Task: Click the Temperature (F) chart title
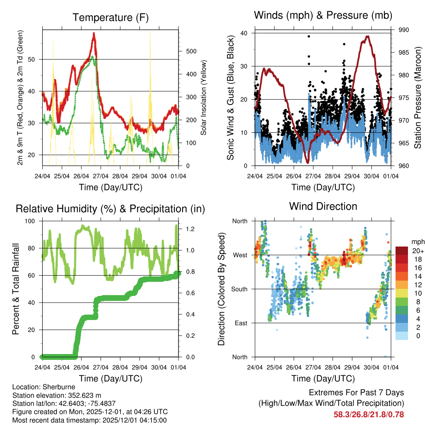(x=110, y=18)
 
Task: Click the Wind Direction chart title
(x=323, y=206)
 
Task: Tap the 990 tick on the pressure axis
(x=403, y=30)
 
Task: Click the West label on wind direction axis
(x=239, y=255)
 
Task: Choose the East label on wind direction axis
(x=240, y=323)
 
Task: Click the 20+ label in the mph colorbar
(x=417, y=251)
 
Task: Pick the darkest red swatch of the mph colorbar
(x=401, y=251)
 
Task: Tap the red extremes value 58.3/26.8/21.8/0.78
(x=369, y=414)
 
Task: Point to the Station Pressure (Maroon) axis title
(x=418, y=98)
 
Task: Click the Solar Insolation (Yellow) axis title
(x=204, y=98)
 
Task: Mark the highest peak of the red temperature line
(x=94, y=34)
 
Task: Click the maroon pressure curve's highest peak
(x=367, y=37)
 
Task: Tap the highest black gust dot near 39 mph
(x=309, y=37)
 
